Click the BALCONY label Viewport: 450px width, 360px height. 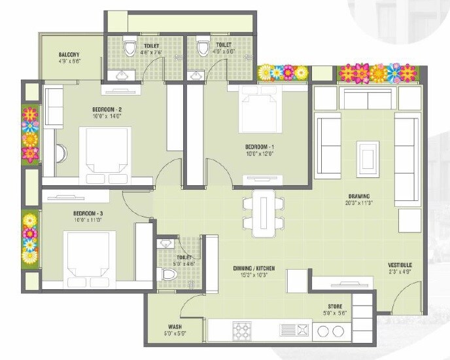(70, 54)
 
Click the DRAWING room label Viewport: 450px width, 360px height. (359, 196)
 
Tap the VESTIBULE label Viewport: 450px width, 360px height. (399, 264)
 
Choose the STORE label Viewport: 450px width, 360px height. (336, 306)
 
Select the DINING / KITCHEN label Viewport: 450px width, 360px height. (254, 268)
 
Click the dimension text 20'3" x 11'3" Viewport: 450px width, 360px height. (359, 204)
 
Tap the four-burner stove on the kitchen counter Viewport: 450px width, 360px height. (242, 330)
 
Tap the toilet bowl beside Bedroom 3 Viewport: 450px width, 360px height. (169, 274)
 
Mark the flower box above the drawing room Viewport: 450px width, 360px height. (376, 73)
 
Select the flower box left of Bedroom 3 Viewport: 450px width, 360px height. (30, 238)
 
